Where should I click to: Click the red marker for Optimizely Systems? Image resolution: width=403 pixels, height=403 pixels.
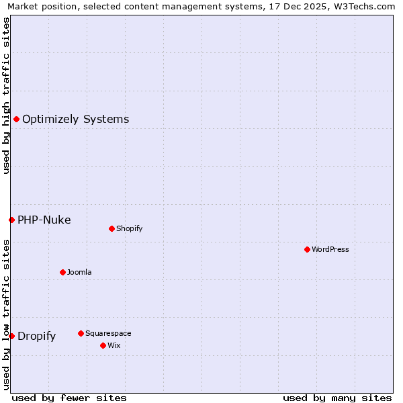16,119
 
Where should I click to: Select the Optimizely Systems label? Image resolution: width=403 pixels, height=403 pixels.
75,120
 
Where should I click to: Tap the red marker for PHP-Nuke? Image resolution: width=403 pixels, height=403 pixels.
11,220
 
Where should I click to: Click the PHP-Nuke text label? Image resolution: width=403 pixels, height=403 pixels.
44,220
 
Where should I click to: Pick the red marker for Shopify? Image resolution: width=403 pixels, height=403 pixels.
111,228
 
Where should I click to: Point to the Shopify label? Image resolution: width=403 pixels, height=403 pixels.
129,228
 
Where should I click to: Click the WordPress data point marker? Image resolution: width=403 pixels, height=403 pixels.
307,249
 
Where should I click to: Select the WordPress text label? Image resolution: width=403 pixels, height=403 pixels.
330,249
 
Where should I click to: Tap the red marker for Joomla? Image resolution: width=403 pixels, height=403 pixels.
62,272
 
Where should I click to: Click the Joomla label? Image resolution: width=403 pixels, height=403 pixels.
79,272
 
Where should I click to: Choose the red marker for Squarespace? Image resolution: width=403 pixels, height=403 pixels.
81,333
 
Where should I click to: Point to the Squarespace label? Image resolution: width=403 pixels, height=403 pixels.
108,333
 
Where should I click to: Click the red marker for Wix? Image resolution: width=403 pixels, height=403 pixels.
103,345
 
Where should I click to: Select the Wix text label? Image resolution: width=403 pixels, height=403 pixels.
114,345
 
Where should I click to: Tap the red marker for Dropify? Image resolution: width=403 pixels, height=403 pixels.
11,336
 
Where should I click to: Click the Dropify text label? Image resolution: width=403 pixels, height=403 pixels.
36,337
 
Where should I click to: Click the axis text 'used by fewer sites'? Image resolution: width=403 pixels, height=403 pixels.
69,398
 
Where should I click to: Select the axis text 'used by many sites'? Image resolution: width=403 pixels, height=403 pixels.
337,398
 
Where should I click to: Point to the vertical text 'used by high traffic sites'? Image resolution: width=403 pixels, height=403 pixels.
6,95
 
